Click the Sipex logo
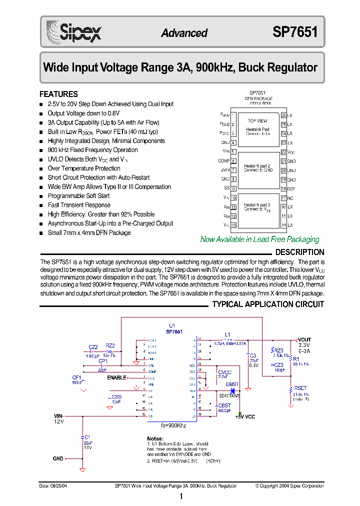(74, 32)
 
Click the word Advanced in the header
(184, 33)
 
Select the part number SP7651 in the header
(294, 32)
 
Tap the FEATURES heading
(58, 94)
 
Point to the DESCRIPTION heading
(299, 252)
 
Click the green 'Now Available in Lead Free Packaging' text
(259, 239)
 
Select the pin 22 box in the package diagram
(283, 152)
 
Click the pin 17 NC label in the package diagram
(290, 198)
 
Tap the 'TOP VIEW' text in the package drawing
(257, 121)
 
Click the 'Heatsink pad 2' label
(257, 165)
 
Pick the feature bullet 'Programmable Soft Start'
(78, 196)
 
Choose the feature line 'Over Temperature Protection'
(84, 168)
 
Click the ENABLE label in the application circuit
(116, 378)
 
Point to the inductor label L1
(227, 334)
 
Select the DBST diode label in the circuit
(232, 384)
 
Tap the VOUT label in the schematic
(304, 339)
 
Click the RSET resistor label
(300, 387)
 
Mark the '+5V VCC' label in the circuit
(244, 416)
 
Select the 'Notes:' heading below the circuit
(155, 438)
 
